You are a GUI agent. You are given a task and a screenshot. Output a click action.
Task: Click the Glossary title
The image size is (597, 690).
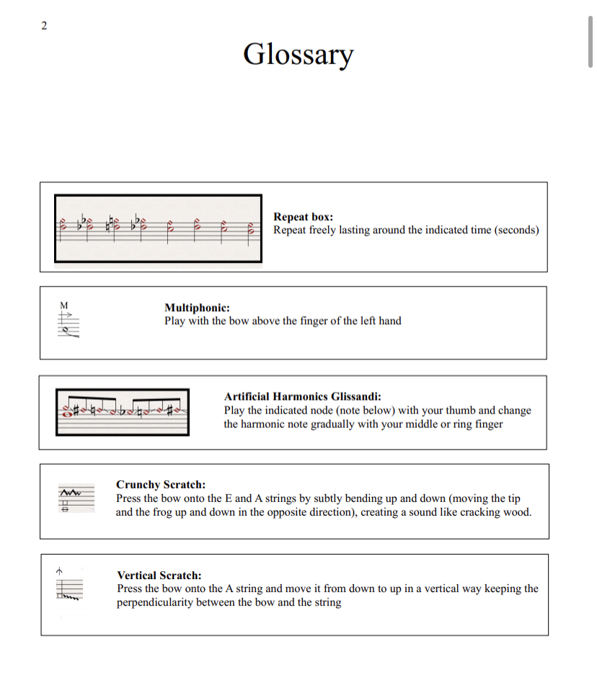click(x=298, y=54)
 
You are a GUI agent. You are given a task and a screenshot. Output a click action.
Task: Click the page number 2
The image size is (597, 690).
click(x=44, y=26)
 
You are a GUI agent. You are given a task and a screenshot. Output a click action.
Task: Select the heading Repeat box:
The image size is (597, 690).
click(x=303, y=217)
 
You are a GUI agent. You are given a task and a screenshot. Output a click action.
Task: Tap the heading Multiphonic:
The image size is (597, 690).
click(x=197, y=308)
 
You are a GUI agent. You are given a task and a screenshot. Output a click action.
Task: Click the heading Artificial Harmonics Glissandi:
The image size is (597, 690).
click(x=303, y=397)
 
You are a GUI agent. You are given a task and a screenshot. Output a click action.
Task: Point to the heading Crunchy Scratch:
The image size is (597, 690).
click(x=161, y=485)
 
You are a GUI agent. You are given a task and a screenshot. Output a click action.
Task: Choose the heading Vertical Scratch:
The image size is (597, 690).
click(x=159, y=575)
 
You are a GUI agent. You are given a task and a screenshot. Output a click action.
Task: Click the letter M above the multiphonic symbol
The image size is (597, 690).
click(x=63, y=305)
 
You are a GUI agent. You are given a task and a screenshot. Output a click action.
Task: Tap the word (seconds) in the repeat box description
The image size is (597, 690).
click(x=516, y=230)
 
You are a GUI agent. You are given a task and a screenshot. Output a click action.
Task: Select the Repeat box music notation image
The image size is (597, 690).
click(x=158, y=228)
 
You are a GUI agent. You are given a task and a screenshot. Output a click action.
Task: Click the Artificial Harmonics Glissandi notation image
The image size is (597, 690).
click(x=123, y=412)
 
